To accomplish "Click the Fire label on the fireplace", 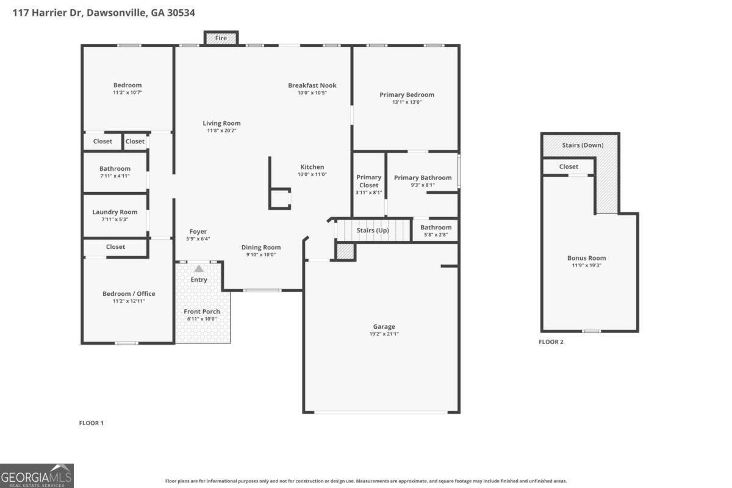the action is point(221,38).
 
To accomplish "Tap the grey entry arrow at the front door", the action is point(199,268).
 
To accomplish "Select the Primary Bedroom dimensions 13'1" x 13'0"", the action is point(407,102).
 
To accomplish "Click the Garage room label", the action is point(384,326).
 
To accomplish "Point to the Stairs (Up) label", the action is point(373,231).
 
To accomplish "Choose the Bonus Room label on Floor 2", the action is point(587,258).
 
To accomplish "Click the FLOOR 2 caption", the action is point(551,342).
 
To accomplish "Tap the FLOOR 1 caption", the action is point(91,423).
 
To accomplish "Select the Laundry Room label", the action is point(115,212).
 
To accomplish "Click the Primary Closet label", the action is point(369,181).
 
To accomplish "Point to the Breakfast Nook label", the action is point(312,85).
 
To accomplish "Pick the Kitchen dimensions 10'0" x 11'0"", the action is point(312,174).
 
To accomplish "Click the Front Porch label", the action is point(202,312).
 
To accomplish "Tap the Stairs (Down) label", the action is point(583,145).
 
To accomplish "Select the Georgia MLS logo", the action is point(37,476).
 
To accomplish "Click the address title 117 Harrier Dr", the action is point(48,13).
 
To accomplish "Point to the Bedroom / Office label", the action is point(129,293).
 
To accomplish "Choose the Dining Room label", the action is point(261,248).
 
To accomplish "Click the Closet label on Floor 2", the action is point(569,167).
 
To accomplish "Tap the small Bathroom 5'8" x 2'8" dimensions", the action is point(436,235).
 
